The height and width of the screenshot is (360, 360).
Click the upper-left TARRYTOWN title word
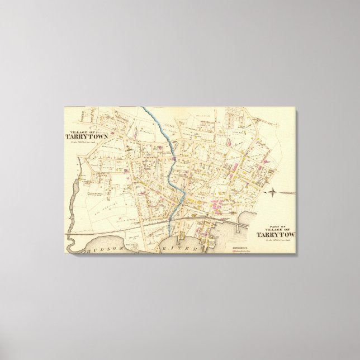point(87,136)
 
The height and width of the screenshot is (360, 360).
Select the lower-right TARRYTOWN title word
point(276,234)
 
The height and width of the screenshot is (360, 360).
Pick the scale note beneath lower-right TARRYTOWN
point(276,240)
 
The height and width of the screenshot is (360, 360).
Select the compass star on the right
point(272,193)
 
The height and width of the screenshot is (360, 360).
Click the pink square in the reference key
point(233,250)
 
